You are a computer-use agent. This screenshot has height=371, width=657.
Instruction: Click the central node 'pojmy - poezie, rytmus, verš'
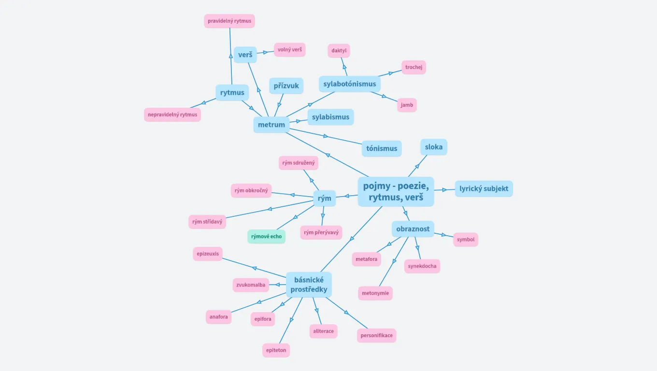tap(396, 192)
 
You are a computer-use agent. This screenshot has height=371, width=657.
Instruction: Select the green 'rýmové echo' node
tap(266, 236)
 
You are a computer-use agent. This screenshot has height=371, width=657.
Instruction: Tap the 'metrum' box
tap(271, 125)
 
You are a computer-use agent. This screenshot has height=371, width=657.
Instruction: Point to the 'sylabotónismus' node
tap(349, 84)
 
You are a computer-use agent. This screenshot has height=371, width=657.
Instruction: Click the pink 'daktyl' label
tap(339, 51)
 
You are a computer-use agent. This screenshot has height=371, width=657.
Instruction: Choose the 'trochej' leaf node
tap(414, 67)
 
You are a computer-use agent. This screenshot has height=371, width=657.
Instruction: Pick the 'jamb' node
tap(407, 105)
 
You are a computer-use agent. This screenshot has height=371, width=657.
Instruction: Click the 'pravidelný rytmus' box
tap(229, 21)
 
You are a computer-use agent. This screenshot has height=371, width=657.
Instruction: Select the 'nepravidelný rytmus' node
tap(172, 114)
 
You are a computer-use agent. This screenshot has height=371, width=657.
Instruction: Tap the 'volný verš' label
tap(289, 49)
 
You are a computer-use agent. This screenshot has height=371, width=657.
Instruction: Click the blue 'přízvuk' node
tap(286, 86)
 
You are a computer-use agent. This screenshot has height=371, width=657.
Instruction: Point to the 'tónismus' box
tap(382, 148)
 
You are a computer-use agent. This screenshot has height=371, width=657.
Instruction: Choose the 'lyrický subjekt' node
tap(484, 188)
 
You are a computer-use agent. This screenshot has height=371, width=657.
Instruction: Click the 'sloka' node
tap(433, 147)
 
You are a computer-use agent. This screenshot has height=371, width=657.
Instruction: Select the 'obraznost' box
tap(413, 228)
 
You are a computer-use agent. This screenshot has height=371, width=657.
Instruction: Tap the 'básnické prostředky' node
tap(309, 285)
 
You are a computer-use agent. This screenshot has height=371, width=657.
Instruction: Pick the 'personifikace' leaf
tap(376, 335)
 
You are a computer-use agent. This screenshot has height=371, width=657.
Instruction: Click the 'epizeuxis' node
tap(207, 254)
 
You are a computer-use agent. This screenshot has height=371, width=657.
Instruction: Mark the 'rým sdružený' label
tap(298, 163)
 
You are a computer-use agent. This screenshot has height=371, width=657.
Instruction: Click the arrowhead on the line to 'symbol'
tap(444, 235)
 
